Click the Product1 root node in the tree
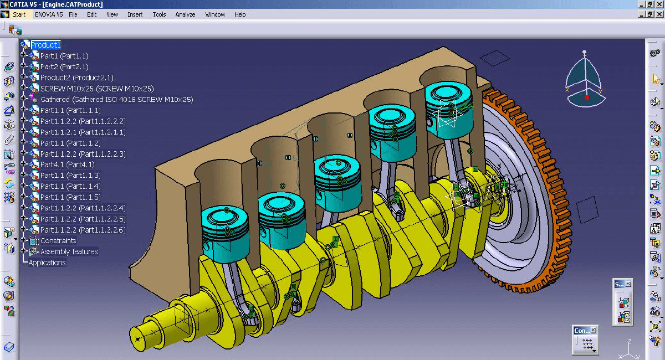coord(45,45)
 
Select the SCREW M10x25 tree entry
coord(96,89)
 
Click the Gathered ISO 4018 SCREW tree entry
coord(116,100)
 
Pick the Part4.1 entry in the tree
coord(67,164)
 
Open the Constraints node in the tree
coord(58,241)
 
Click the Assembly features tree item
coord(69,252)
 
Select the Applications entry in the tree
coord(47,263)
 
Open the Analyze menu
coord(185,14)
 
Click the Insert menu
coord(135,14)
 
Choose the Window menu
coord(215,14)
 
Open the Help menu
coord(240,14)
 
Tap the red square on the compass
coord(587,97)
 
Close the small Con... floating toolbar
coord(593,331)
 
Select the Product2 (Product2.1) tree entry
coord(76,78)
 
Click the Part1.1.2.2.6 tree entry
coord(83,230)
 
